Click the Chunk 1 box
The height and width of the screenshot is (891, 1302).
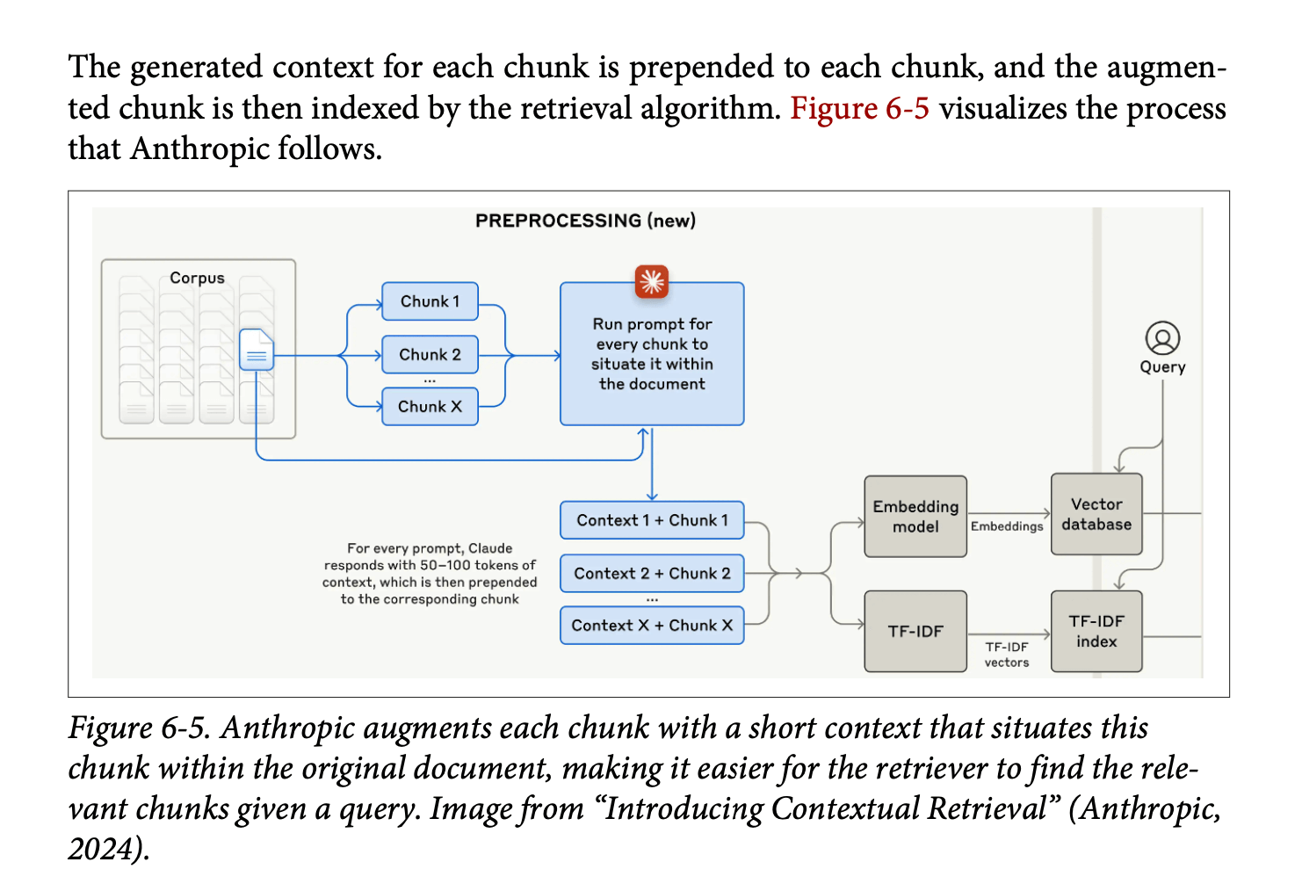pos(430,301)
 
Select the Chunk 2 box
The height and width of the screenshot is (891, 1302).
pos(430,355)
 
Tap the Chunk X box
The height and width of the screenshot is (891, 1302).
pos(430,407)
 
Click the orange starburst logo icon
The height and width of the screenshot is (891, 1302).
pos(652,281)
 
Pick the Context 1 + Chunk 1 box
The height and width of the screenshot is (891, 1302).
pos(652,520)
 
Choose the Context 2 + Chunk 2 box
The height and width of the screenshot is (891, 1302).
pos(652,573)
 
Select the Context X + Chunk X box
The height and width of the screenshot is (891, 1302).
pos(652,626)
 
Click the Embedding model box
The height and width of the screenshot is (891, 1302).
pos(915,517)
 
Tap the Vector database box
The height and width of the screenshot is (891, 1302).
pos(1096,514)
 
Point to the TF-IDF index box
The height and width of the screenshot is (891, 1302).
pos(1096,631)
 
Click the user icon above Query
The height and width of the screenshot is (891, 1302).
pos(1162,338)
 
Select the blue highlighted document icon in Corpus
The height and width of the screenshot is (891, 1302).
pos(257,350)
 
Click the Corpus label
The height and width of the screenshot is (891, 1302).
pos(197,278)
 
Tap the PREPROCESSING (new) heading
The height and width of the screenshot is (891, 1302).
pos(585,221)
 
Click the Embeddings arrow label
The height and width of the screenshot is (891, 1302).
pos(1007,526)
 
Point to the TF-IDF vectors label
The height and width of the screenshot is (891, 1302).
pos(1007,655)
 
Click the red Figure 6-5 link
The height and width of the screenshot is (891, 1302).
pos(859,108)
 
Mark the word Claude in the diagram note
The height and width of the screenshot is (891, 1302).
pos(490,548)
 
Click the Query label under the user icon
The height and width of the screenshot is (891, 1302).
pos(1162,367)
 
